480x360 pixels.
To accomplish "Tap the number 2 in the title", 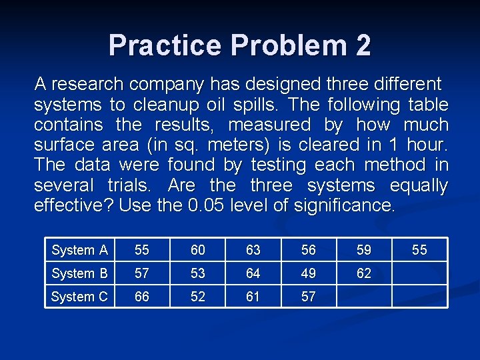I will click(x=363, y=45).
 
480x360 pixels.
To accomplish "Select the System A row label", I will click(x=79, y=250).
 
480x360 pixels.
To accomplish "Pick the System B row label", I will click(x=79, y=273).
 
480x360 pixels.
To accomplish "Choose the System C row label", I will click(x=79, y=297).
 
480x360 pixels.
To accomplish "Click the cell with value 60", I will click(x=198, y=250).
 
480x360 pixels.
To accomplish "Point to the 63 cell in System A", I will click(x=253, y=250).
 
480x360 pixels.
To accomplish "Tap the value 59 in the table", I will click(x=364, y=250).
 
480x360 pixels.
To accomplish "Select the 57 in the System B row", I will click(x=142, y=273).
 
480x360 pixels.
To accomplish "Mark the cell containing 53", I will click(x=198, y=273).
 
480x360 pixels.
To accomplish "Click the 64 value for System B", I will click(x=253, y=273).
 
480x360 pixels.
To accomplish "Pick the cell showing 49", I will click(x=309, y=273).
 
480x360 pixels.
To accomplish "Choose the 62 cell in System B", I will click(x=364, y=273).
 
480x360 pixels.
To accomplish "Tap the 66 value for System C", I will click(x=142, y=297).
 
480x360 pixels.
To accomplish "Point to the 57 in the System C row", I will click(x=309, y=297).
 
